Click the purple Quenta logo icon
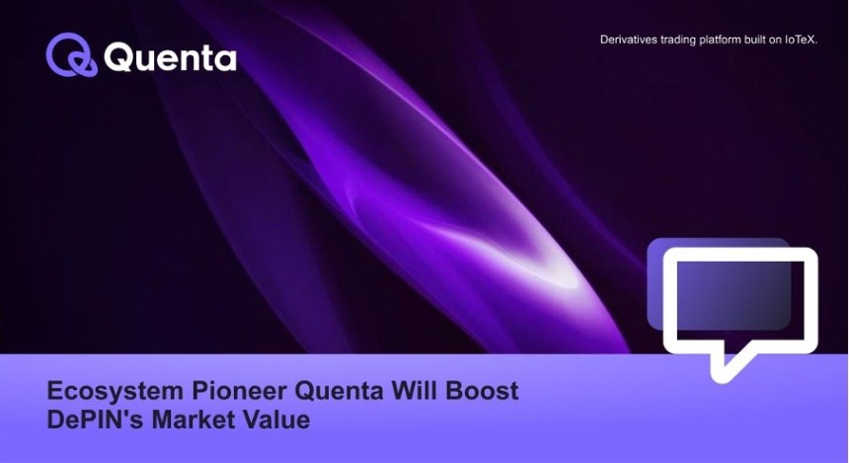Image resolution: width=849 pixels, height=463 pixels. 71,54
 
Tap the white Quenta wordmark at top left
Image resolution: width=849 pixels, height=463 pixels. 170,58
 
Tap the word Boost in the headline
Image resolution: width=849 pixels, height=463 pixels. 483,390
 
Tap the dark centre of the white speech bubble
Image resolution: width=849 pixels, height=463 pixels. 739,299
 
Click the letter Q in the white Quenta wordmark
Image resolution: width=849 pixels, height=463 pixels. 118,57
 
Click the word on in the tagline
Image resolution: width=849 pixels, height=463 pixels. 775,40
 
